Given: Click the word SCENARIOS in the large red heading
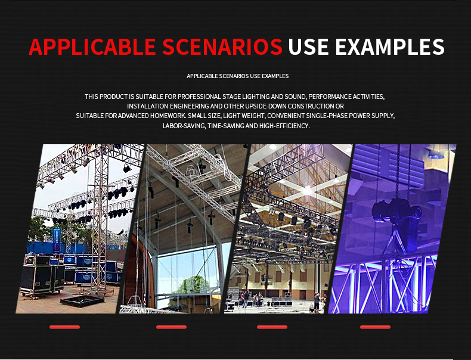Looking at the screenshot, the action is coord(222,47).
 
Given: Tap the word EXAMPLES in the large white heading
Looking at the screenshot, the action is coord(389,47).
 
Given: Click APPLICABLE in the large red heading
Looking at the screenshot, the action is coord(92,47).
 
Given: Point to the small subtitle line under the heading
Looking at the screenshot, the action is coord(238,76).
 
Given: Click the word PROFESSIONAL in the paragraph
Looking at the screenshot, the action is coord(199,97).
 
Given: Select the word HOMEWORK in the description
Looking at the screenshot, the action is coord(168,116).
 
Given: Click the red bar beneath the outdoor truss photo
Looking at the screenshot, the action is coord(64,327).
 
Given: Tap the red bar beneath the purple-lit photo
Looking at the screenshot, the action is coord(375,327).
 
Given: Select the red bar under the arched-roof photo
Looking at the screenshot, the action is coord(171,327).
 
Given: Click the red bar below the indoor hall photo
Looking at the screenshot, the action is coord(272,327).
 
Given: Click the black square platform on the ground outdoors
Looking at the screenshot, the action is coord(82,300).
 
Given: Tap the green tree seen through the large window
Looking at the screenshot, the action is coord(192,285).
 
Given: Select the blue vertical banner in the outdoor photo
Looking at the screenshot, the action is coord(57,240).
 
